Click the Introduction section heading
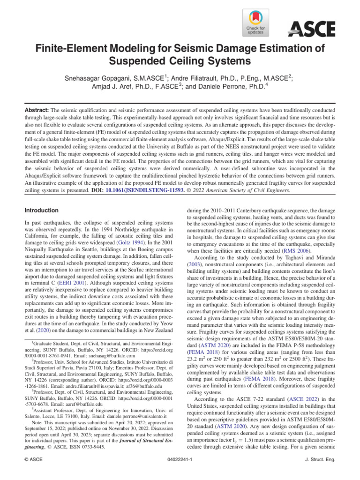[42, 210]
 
